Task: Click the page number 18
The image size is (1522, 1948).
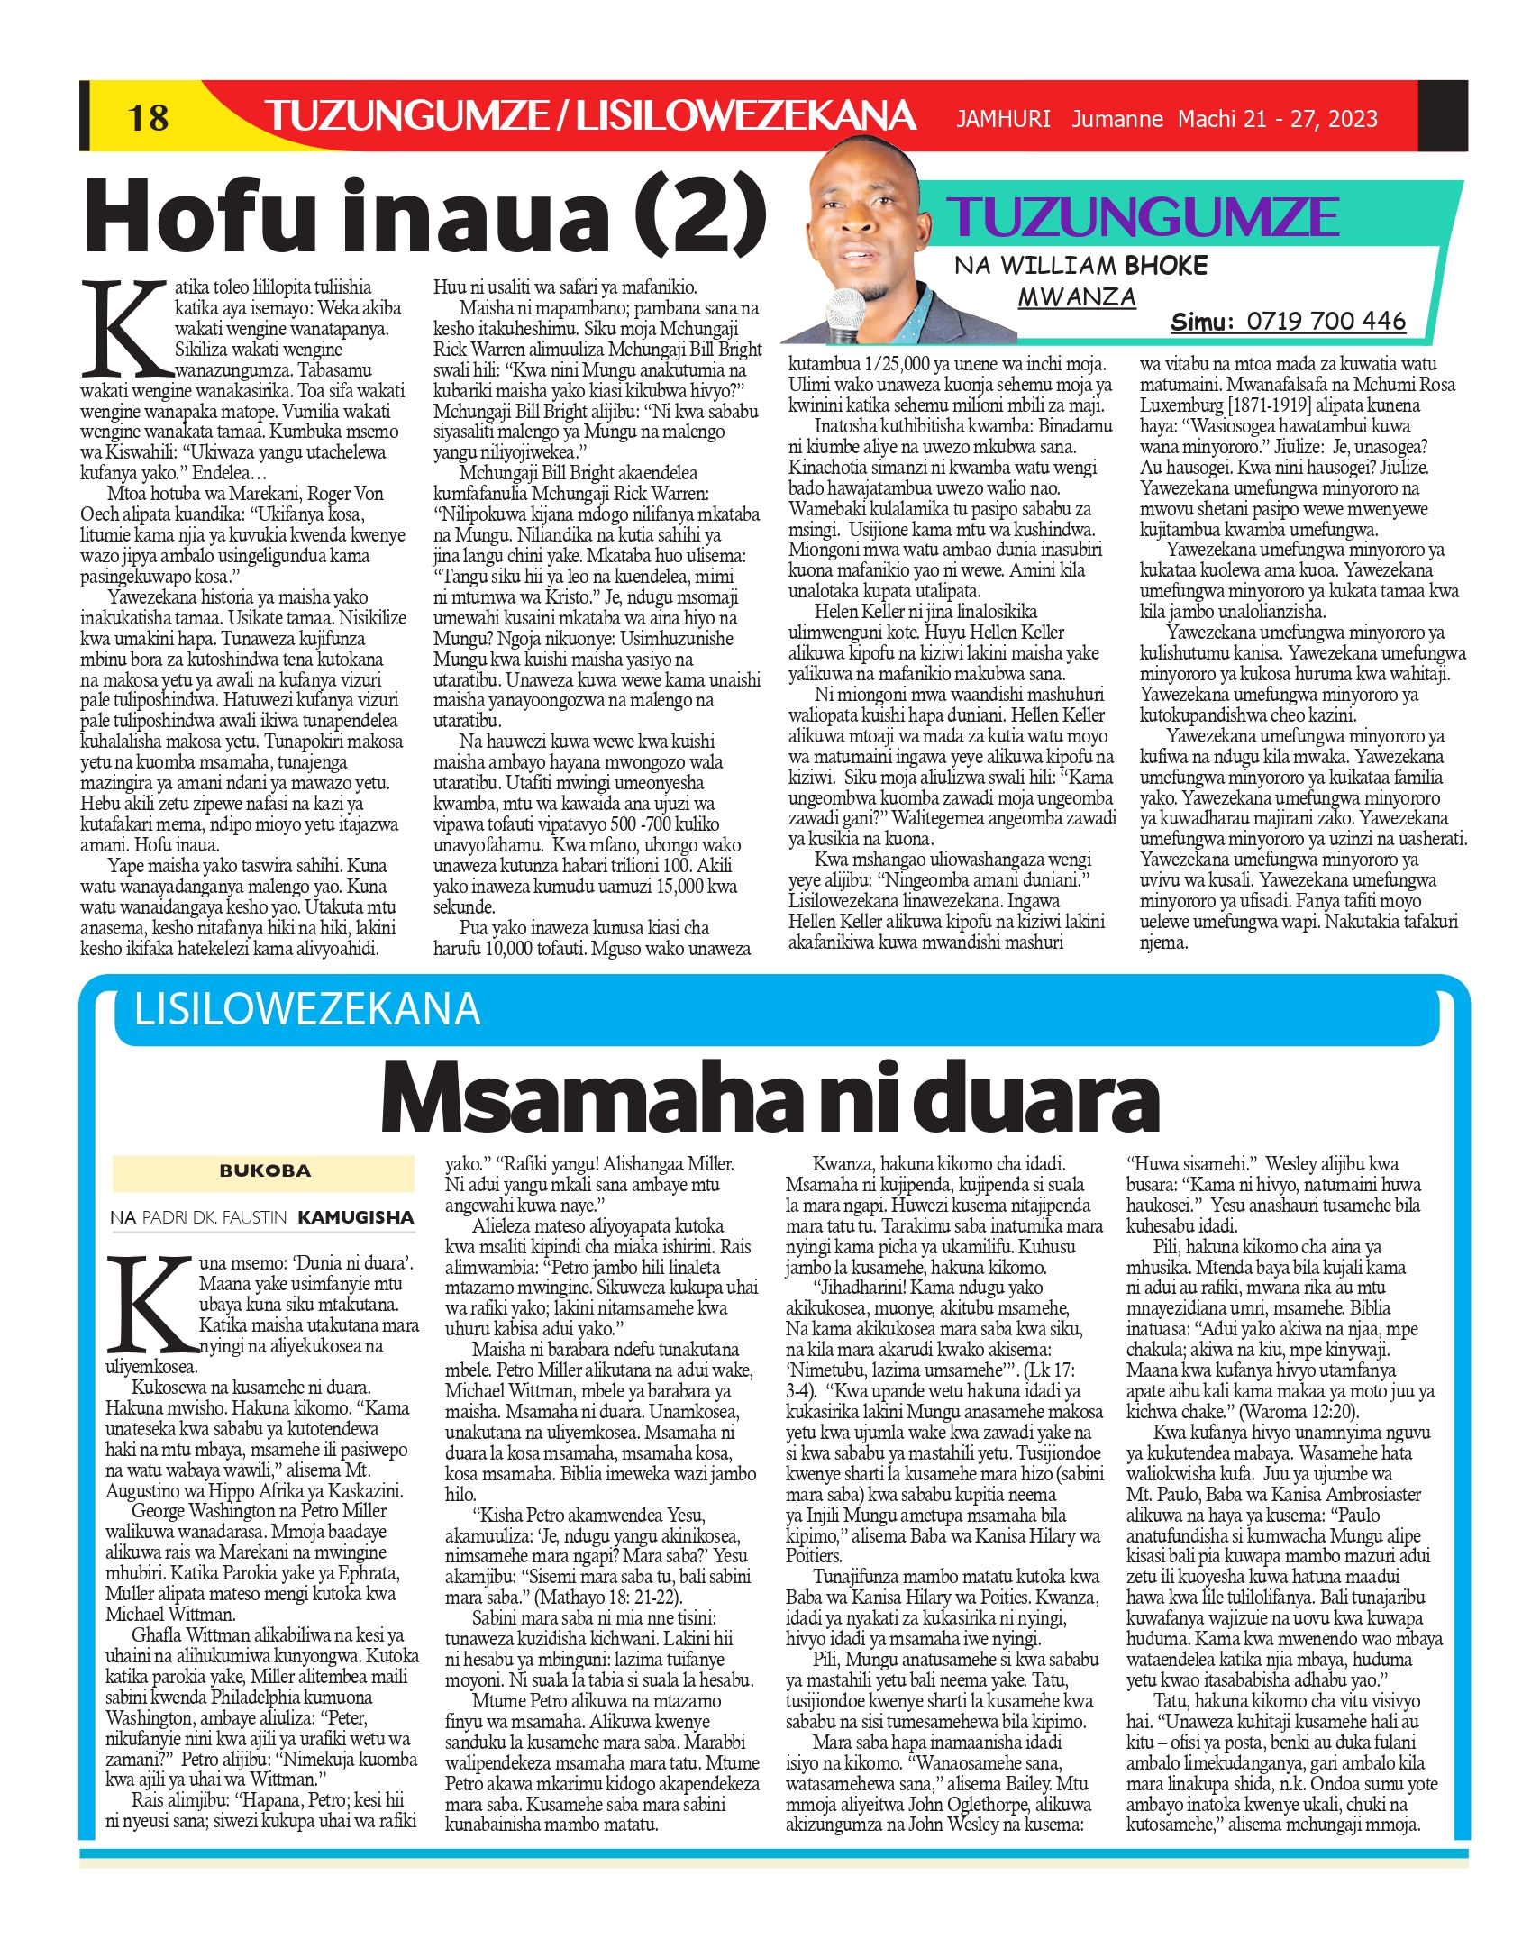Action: pyautogui.click(x=148, y=117)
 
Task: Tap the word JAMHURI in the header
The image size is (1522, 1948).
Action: pyautogui.click(x=1003, y=119)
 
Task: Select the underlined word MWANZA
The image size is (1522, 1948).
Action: pyautogui.click(x=1077, y=296)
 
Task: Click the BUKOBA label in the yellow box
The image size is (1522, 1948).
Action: pyautogui.click(x=264, y=1171)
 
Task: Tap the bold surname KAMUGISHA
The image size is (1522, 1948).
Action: pyautogui.click(x=356, y=1218)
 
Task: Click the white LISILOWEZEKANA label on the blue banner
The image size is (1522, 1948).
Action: pyautogui.click(x=307, y=1009)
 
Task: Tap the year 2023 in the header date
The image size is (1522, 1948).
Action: pyautogui.click(x=1348, y=119)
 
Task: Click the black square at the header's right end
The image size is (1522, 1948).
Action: pyautogui.click(x=1442, y=115)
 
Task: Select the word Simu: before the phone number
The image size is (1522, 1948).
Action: pyautogui.click(x=1201, y=322)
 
